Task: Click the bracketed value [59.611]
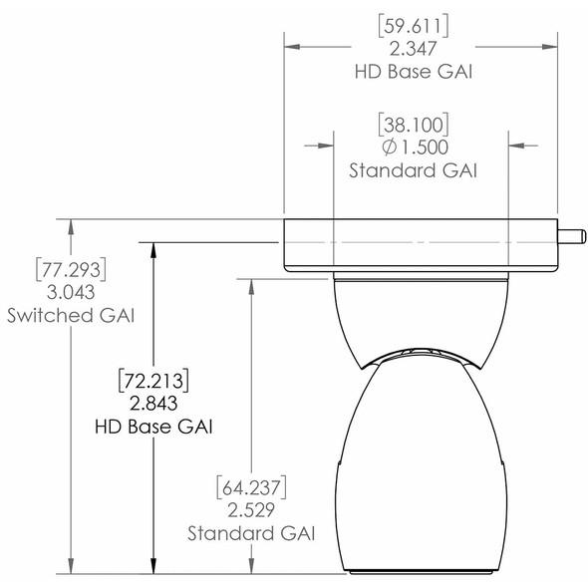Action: (414, 23)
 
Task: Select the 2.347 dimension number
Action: (414, 47)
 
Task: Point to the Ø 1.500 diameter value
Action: (414, 147)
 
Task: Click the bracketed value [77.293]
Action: (70, 269)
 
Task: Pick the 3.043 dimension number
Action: (70, 292)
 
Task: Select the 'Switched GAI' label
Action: (70, 315)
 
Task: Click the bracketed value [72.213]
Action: (151, 380)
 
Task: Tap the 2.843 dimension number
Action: (151, 403)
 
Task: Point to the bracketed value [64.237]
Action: (251, 487)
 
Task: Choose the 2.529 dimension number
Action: (251, 510)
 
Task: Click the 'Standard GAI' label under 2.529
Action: (251, 533)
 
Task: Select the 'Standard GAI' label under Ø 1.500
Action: (414, 169)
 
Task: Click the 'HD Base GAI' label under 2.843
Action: (151, 426)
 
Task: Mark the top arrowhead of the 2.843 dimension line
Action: (151, 250)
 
